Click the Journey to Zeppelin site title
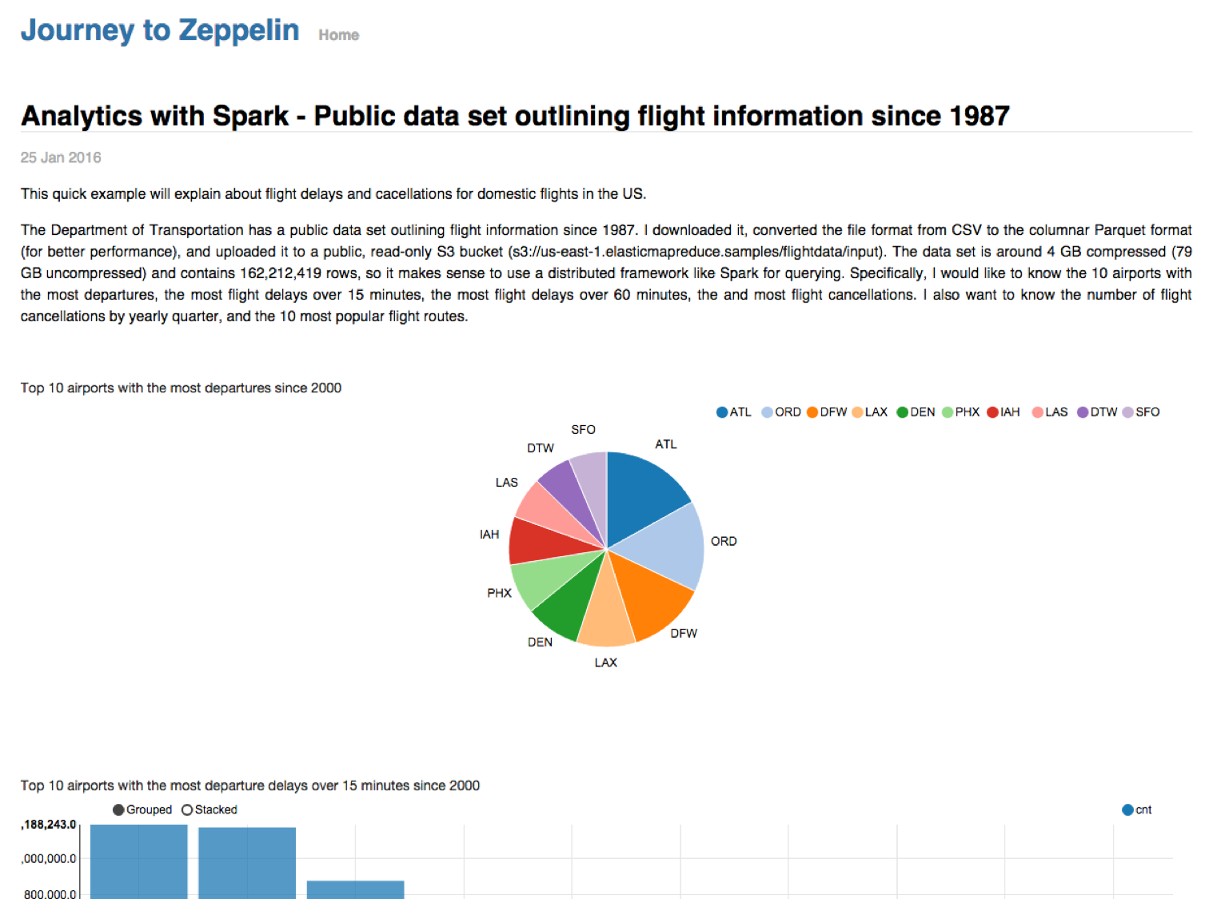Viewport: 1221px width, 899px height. pos(160,30)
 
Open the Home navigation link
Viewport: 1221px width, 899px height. pos(338,35)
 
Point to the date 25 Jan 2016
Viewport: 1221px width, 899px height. pos(61,157)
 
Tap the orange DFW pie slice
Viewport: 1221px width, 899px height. pos(652,595)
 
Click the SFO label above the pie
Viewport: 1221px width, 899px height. pos(583,430)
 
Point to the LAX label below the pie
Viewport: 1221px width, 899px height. pos(605,662)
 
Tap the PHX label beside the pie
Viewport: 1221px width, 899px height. pos(499,593)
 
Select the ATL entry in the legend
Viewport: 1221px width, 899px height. pos(734,412)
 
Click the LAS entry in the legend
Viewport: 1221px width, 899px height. pos(1050,412)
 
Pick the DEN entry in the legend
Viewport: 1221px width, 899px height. pos(916,412)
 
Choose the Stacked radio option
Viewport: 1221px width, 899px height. pos(209,809)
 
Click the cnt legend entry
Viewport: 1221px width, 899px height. pos(1137,809)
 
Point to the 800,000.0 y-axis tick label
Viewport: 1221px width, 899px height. pos(50,893)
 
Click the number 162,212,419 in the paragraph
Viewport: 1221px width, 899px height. pos(281,273)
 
